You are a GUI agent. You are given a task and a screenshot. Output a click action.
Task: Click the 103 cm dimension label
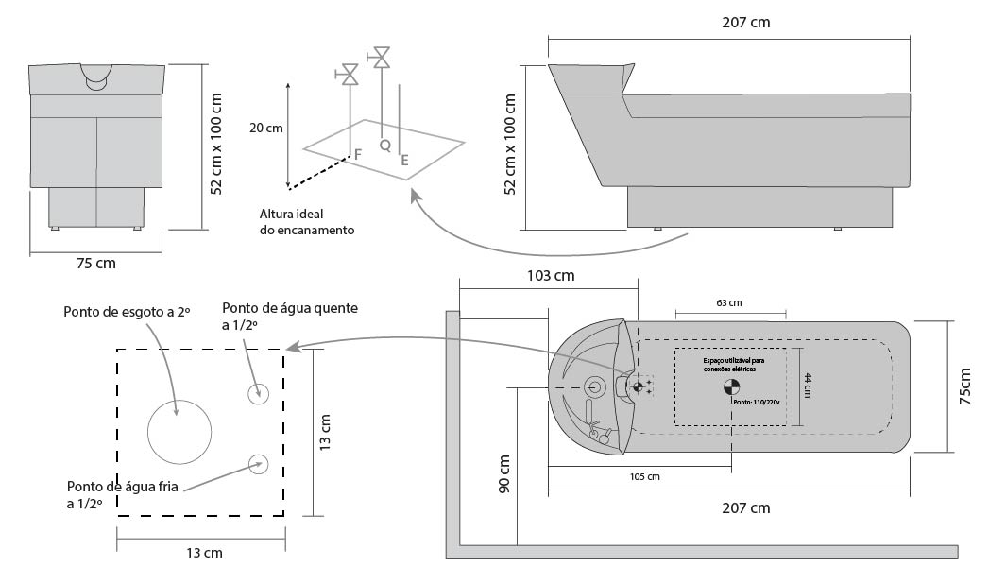[549, 276]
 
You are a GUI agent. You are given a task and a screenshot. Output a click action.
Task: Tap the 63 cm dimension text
[729, 303]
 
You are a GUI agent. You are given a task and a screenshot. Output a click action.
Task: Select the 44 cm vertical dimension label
[809, 385]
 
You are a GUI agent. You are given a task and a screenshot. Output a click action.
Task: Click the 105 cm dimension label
[643, 476]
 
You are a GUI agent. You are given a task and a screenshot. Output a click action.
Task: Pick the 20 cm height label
[265, 128]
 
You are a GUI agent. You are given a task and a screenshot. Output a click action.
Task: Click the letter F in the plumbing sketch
[357, 153]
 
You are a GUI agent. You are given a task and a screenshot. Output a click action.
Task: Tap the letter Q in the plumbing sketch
[384, 145]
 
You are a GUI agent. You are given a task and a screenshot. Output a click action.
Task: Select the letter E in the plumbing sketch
[404, 161]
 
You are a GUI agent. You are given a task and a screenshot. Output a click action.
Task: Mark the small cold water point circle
[257, 462]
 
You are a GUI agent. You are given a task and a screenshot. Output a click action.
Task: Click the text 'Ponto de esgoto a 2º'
[127, 312]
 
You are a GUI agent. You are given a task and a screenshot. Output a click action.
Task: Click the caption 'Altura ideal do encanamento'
[307, 222]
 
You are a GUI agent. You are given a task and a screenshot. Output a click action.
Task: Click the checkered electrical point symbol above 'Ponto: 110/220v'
[730, 386]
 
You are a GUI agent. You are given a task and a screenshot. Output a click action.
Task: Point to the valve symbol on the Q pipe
[383, 58]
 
